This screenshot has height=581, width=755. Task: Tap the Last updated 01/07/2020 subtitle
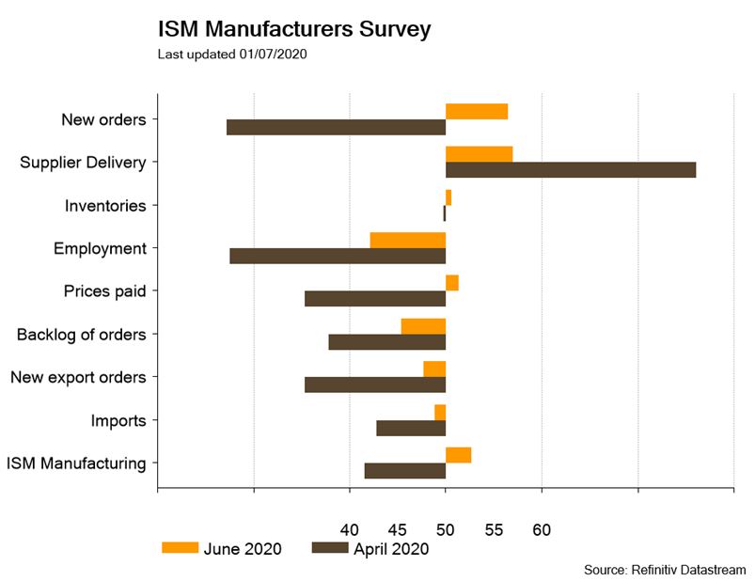pyautogui.click(x=233, y=54)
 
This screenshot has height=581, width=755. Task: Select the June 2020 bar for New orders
pyautogui.click(x=477, y=112)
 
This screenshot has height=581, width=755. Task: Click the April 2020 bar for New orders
pyautogui.click(x=336, y=127)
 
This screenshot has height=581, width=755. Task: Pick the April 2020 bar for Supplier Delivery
pyautogui.click(x=571, y=170)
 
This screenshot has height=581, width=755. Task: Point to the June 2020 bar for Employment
pyautogui.click(x=408, y=240)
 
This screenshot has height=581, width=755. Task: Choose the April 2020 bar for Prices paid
pyautogui.click(x=375, y=299)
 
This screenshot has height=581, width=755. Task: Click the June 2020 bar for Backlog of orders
pyautogui.click(x=423, y=326)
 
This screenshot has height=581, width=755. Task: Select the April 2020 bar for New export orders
pyautogui.click(x=375, y=385)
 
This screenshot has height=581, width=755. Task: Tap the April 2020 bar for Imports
pyautogui.click(x=411, y=428)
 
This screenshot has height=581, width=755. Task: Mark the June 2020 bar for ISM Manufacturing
pyautogui.click(x=458, y=455)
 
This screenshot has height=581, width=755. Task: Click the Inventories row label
pyautogui.click(x=105, y=206)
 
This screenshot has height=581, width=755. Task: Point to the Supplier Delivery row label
pyautogui.click(x=83, y=163)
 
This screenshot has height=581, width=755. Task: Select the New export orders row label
pyautogui.click(x=78, y=377)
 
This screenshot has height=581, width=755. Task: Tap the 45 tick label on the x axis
pyautogui.click(x=397, y=530)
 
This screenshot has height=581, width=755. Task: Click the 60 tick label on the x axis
pyautogui.click(x=542, y=530)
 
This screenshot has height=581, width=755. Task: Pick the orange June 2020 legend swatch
pyautogui.click(x=181, y=548)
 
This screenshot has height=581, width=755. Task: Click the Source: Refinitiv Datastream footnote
pyautogui.click(x=665, y=570)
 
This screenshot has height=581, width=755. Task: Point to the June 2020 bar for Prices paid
pyautogui.click(x=452, y=283)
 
